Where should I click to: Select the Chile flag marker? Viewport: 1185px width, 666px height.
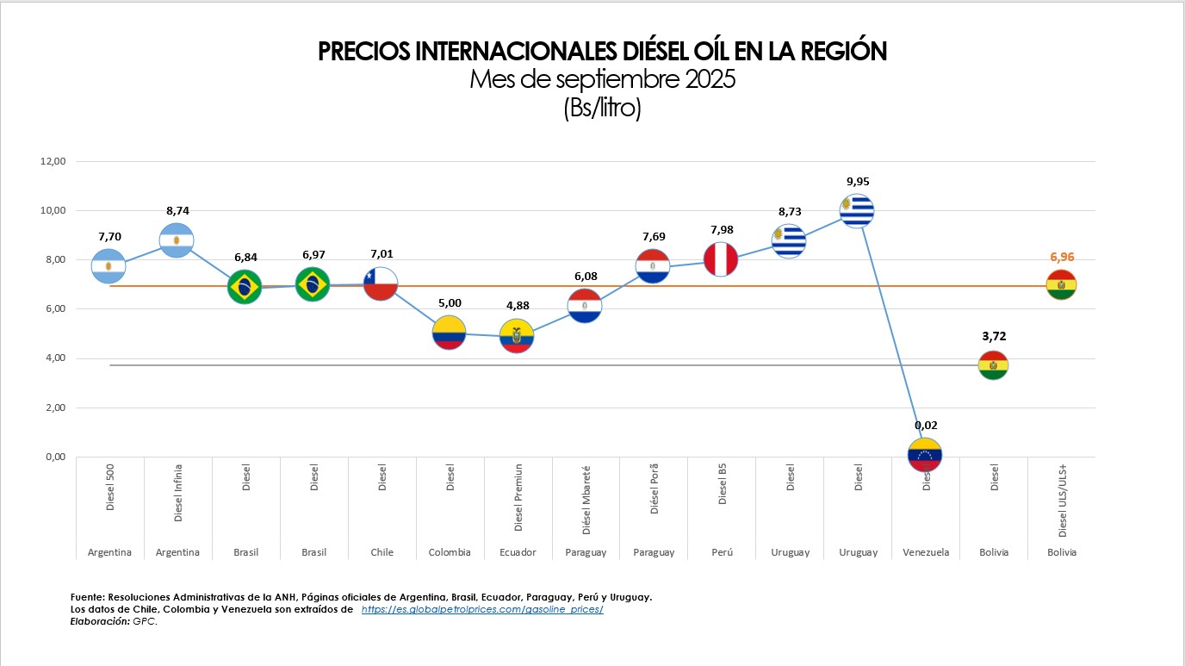click(x=380, y=283)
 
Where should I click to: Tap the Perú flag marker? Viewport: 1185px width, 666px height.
click(x=721, y=259)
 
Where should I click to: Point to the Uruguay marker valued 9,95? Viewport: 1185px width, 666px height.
click(x=857, y=210)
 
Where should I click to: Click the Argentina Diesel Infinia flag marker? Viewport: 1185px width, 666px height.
click(x=177, y=240)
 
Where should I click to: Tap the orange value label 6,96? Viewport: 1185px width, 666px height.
click(x=1062, y=257)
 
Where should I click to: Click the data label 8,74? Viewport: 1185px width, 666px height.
click(x=177, y=209)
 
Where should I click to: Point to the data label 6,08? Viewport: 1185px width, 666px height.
click(x=586, y=277)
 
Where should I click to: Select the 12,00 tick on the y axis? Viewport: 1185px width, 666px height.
click(x=53, y=161)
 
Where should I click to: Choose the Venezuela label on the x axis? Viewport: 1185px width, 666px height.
click(x=926, y=552)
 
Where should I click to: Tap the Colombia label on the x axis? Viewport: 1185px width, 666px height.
click(x=450, y=552)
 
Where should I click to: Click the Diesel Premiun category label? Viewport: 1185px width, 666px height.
click(x=518, y=498)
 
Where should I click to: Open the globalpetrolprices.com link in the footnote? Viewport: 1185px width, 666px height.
click(x=482, y=609)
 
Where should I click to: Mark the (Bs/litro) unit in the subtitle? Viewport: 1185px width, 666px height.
click(x=603, y=109)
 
